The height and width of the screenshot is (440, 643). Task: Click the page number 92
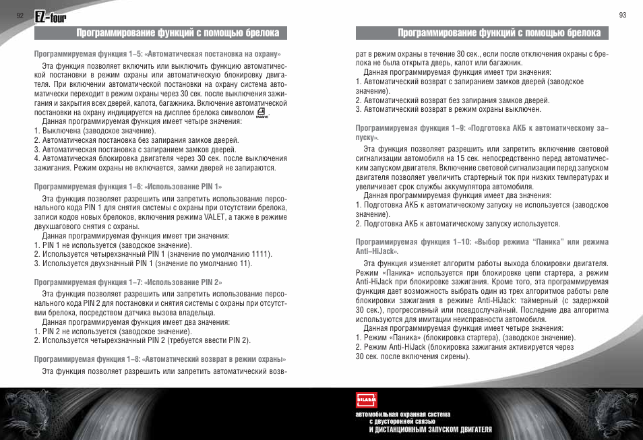[x=20, y=15]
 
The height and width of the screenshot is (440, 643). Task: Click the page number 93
[x=622, y=15]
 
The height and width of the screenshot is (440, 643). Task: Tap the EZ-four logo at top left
[x=51, y=15]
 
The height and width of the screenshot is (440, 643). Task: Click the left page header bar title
[x=161, y=33]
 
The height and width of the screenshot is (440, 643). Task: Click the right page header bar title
[x=482, y=33]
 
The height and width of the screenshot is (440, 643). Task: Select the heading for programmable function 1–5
[x=158, y=54]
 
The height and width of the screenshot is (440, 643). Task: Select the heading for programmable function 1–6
[x=128, y=186]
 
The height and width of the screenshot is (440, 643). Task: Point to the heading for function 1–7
[x=128, y=282]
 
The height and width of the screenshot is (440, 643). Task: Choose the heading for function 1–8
[x=160, y=358]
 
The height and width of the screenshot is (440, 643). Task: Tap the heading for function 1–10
[x=482, y=246]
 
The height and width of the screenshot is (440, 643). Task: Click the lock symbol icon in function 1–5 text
[x=262, y=113]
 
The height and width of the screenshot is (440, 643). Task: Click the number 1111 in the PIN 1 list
[x=259, y=254]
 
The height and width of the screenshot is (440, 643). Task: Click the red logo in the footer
[x=366, y=400]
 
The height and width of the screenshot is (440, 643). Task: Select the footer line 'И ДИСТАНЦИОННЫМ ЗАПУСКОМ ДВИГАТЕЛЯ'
[x=430, y=429]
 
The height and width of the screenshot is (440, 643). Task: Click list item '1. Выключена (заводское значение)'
[x=94, y=131]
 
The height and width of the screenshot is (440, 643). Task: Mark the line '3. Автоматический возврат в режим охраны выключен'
[x=448, y=109]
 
